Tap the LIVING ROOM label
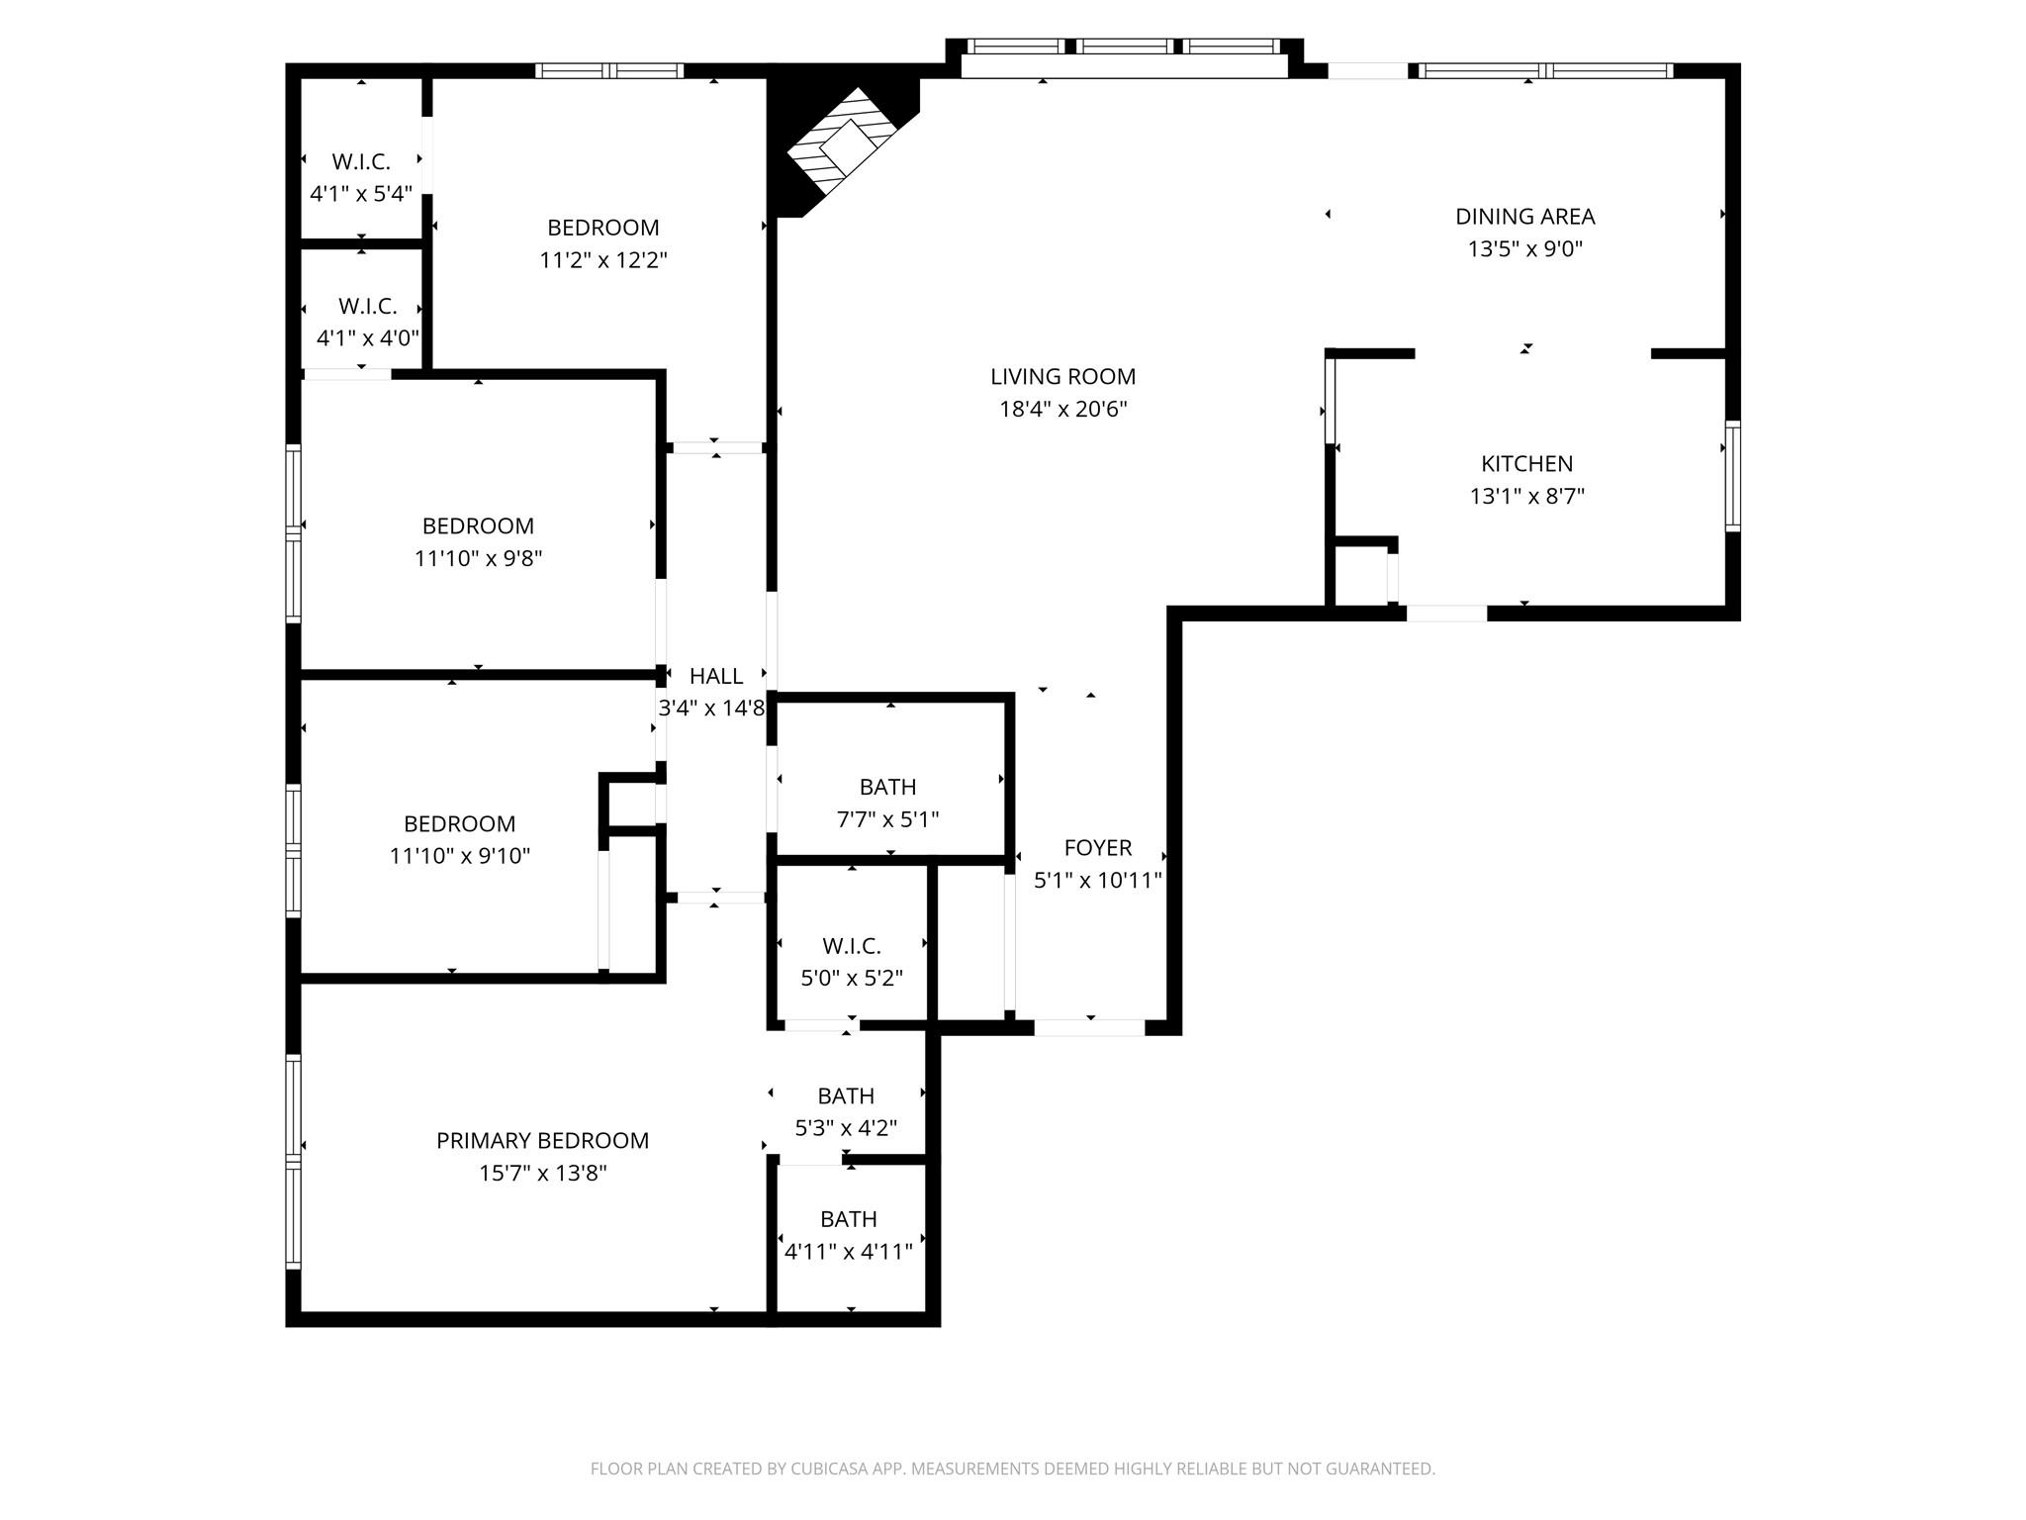(x=1062, y=377)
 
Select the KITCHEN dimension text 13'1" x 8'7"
(x=1526, y=496)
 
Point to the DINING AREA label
(x=1524, y=217)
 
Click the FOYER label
(x=1097, y=848)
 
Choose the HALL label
(x=715, y=677)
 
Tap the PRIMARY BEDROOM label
(x=542, y=1141)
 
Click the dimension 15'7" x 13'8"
(x=542, y=1174)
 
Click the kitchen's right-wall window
(x=1732, y=476)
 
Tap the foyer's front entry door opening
(x=1089, y=1028)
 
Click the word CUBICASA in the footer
(x=827, y=1470)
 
